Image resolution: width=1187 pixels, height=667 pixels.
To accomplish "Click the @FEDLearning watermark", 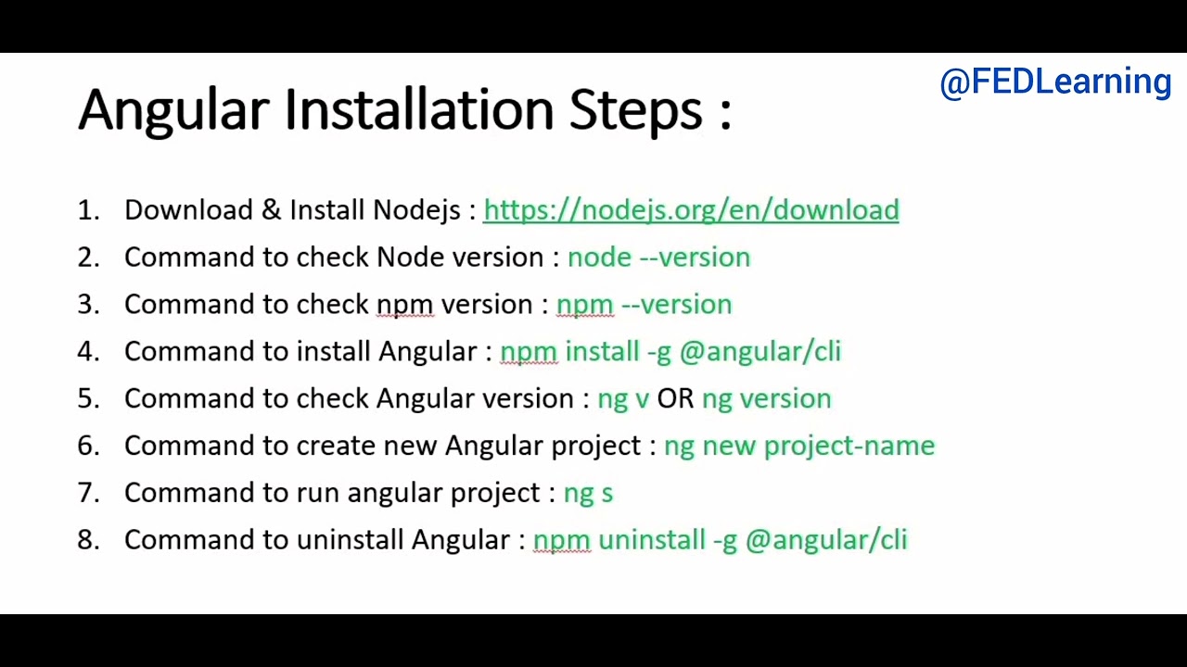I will pyautogui.click(x=1055, y=82).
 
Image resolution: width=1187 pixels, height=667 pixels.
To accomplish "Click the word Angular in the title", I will pyautogui.click(x=173, y=110).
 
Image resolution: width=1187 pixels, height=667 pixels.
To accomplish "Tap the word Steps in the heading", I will pyautogui.click(x=636, y=110).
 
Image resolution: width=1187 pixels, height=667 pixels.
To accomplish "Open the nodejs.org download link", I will pyautogui.click(x=691, y=210).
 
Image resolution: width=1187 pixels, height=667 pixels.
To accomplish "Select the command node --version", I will pyautogui.click(x=658, y=258).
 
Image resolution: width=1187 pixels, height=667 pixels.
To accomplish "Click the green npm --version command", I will pyautogui.click(x=644, y=305).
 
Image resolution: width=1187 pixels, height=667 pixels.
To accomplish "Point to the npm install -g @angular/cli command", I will pyautogui.click(x=670, y=352).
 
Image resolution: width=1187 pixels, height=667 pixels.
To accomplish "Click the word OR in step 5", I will pyautogui.click(x=675, y=399).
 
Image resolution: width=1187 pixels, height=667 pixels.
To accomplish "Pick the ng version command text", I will pyautogui.click(x=766, y=399).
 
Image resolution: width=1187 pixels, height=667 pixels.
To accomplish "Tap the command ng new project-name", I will pyautogui.click(x=799, y=447).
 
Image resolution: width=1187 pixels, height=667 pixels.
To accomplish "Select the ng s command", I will pyautogui.click(x=588, y=494).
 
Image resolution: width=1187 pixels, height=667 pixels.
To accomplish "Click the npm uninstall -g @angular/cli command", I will pyautogui.click(x=720, y=540).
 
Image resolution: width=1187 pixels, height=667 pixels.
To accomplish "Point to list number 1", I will pyautogui.click(x=88, y=210).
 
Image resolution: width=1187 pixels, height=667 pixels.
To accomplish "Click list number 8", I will pyautogui.click(x=88, y=540).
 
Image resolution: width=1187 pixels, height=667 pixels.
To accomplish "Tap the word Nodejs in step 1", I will pyautogui.click(x=416, y=210).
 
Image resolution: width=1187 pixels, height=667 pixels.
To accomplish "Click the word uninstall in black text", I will pyautogui.click(x=350, y=540).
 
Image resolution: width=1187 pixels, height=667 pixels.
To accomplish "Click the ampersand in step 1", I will pyautogui.click(x=271, y=210).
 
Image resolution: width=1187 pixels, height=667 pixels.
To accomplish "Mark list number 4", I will pyautogui.click(x=88, y=352).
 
